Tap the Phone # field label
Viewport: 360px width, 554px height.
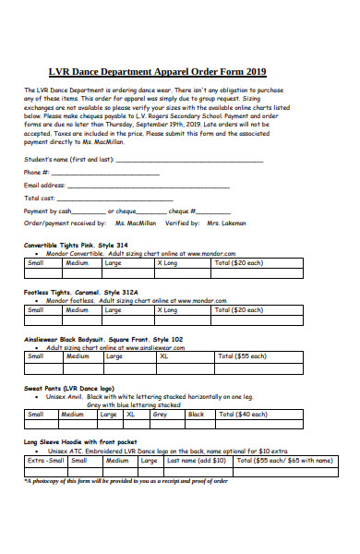tap(37, 173)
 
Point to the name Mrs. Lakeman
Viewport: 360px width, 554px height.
tap(226, 223)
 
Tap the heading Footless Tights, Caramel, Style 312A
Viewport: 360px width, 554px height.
tap(82, 292)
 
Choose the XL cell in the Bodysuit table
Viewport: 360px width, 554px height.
tap(164, 356)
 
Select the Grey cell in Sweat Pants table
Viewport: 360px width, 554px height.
tap(160, 415)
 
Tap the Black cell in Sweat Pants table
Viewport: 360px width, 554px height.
tap(196, 415)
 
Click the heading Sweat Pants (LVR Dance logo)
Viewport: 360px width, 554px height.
tap(68, 389)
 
